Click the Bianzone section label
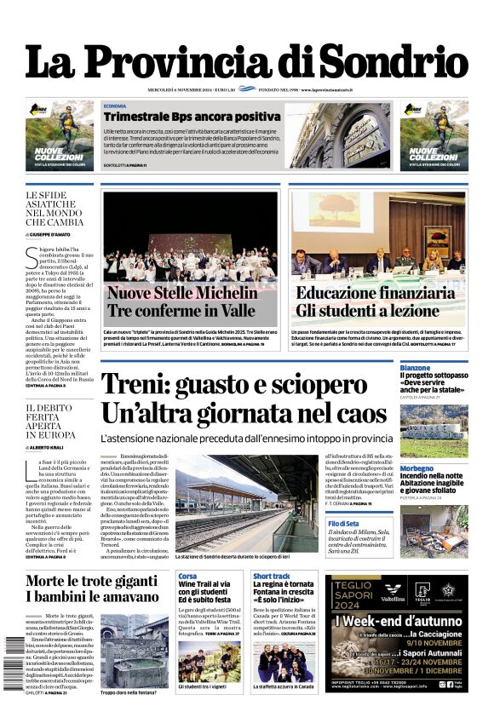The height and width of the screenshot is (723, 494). click(x=416, y=367)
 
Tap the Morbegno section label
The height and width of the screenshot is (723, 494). click(x=417, y=468)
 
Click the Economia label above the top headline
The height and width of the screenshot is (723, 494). click(x=115, y=106)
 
